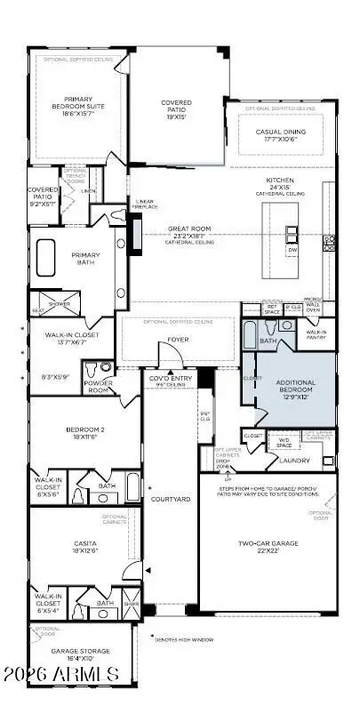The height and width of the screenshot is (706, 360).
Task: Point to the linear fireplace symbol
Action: point(136,234)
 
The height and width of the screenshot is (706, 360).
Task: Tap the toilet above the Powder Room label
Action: point(105,367)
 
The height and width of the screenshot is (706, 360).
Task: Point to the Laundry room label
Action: point(294,461)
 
